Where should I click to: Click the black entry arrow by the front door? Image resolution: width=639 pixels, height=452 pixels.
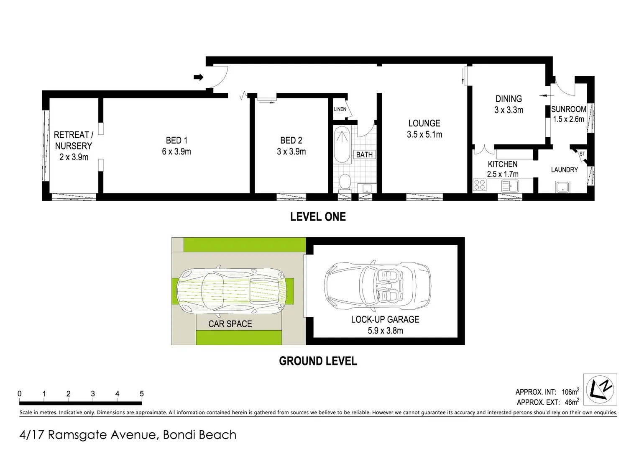pos(199,77)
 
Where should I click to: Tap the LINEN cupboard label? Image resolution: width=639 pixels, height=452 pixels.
pos(340,109)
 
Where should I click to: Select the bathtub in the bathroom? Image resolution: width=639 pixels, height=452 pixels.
pos(342,145)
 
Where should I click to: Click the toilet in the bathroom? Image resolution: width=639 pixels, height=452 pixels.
pos(345,182)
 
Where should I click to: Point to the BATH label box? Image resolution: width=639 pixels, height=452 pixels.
pos(364,155)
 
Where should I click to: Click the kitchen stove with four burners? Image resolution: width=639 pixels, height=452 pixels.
pos(479,185)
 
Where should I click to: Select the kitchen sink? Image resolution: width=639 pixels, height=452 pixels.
pos(510,185)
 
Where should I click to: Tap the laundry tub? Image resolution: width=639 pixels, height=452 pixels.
pos(562,186)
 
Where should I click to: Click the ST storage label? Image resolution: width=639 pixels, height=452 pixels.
pos(582,154)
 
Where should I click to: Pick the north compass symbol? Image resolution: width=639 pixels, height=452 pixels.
pos(600,389)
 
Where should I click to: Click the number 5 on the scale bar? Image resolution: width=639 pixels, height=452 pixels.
pos(142,394)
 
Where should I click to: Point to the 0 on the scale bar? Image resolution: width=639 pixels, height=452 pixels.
pos(20,394)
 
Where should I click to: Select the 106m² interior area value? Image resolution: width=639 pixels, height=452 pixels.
pos(570,392)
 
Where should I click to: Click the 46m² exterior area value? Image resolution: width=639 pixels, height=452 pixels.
pos(572,402)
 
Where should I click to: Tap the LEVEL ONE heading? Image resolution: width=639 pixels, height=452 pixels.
pos(318,217)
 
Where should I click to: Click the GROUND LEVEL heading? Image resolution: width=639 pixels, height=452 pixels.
pos(318,361)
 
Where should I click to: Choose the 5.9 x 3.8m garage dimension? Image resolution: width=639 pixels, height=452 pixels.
pos(385,331)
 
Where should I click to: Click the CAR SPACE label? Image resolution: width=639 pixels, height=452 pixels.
pos(230,324)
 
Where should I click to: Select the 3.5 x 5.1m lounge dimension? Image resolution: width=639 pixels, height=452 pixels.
pos(424,134)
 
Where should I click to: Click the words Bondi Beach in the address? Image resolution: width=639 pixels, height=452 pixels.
pos(199,435)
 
